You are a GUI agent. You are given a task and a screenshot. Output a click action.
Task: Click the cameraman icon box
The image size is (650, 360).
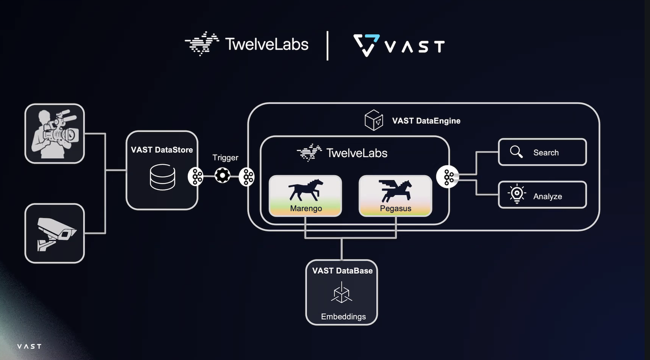tap(55, 133)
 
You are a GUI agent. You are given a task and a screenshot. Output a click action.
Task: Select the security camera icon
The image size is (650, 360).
tap(55, 234)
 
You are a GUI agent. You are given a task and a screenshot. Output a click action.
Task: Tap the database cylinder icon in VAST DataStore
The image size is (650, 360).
tap(162, 177)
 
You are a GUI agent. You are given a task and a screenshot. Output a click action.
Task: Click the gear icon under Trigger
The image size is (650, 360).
tap(222, 175)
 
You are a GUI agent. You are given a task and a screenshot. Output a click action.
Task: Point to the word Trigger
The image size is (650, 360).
tap(225, 158)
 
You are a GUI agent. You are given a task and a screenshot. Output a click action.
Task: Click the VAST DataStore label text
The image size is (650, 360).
tap(162, 150)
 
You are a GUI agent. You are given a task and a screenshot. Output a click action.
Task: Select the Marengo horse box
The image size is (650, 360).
tap(305, 196)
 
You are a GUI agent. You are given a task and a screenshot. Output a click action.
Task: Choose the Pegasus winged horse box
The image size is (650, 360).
tap(395, 196)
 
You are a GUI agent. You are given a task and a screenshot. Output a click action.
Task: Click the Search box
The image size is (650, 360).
tap(542, 152)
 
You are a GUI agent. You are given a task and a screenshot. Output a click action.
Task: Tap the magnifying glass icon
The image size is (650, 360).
tap(516, 152)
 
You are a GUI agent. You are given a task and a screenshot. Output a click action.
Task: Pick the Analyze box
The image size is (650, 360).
tap(542, 195)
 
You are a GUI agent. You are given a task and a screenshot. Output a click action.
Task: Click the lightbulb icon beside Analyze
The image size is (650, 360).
tap(517, 195)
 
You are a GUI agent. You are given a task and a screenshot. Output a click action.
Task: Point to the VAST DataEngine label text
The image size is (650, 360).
tap(426, 121)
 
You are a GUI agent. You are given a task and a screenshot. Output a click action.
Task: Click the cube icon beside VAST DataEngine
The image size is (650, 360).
tap(374, 120)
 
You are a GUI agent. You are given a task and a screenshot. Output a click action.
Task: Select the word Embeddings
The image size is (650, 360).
tap(343, 317)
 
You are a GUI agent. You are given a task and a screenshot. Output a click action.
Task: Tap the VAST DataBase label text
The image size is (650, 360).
tap(342, 271)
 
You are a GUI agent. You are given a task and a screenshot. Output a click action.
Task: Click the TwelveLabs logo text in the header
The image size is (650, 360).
tap(266, 44)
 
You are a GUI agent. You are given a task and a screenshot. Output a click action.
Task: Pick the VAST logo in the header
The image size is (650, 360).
tap(399, 45)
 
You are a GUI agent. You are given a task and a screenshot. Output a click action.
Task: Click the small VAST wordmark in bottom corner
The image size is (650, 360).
tap(29, 347)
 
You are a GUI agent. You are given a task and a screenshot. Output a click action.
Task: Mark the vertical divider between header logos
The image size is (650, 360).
tap(328, 45)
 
